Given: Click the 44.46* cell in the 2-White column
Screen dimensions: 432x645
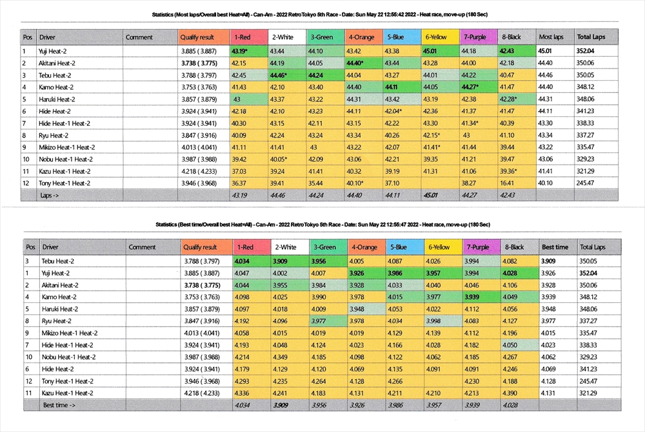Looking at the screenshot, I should click(286, 75).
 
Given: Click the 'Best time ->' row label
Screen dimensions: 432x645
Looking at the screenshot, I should click(59, 405).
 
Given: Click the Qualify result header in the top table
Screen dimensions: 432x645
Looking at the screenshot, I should click(197, 37).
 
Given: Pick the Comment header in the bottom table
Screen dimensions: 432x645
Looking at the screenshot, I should click(142, 247).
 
